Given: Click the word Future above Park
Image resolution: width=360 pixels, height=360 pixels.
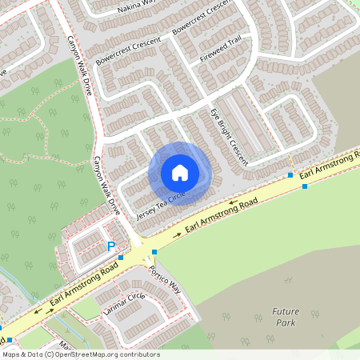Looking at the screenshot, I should (285, 311).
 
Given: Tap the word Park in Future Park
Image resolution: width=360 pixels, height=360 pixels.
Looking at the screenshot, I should (284, 323).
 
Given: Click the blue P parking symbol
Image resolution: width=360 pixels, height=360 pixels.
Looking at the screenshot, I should (112, 246).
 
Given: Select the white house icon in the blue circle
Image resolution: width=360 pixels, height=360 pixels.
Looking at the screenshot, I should (179, 173).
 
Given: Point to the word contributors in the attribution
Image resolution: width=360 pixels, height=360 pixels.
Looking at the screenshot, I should (139, 354).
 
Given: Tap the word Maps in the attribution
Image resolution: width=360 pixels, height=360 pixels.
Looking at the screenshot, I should (12, 354).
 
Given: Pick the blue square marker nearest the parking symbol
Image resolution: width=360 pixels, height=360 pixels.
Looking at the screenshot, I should (121, 257).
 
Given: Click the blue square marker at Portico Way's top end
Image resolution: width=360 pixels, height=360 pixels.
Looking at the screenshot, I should (154, 251).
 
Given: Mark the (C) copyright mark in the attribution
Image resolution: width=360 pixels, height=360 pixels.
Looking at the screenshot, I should (50, 354).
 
